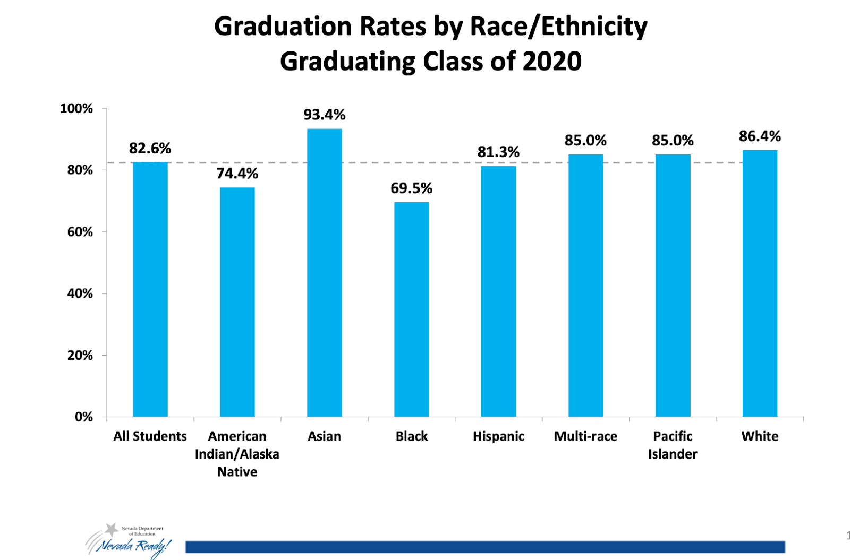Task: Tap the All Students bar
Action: [x=150, y=289]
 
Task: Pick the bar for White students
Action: [x=760, y=283]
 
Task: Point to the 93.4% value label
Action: [x=324, y=115]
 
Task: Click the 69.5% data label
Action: [x=411, y=188]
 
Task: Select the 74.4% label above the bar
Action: [x=237, y=174]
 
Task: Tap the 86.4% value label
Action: [x=760, y=136]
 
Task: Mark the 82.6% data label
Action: [x=150, y=148]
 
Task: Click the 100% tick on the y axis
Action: [x=76, y=109]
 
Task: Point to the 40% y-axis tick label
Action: [x=80, y=294]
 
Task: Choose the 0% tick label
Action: [x=83, y=417]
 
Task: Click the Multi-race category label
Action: [x=585, y=436]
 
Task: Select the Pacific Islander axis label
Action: [x=673, y=445]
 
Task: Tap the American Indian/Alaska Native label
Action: [x=237, y=454]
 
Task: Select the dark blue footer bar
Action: [x=484, y=547]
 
